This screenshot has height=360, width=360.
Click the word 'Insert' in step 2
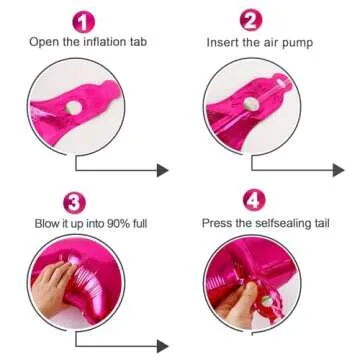(223, 45)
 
